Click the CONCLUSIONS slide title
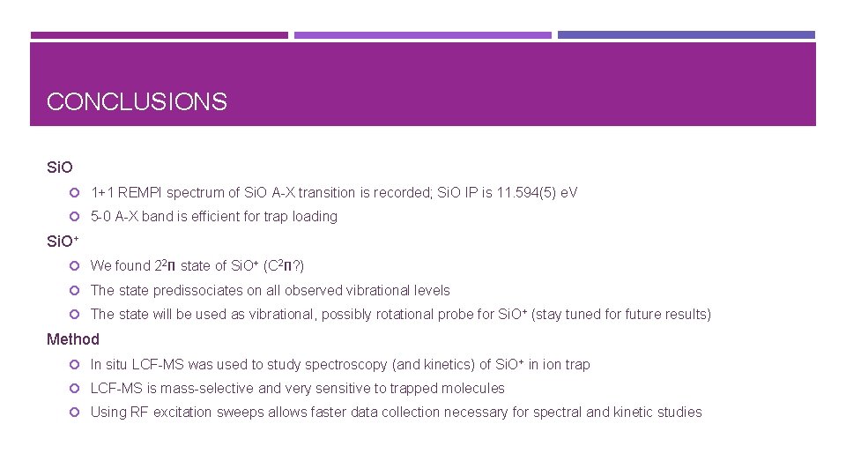coord(137,102)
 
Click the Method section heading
coord(73,339)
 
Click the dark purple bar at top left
coord(159,35)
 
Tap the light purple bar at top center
coord(422,35)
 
